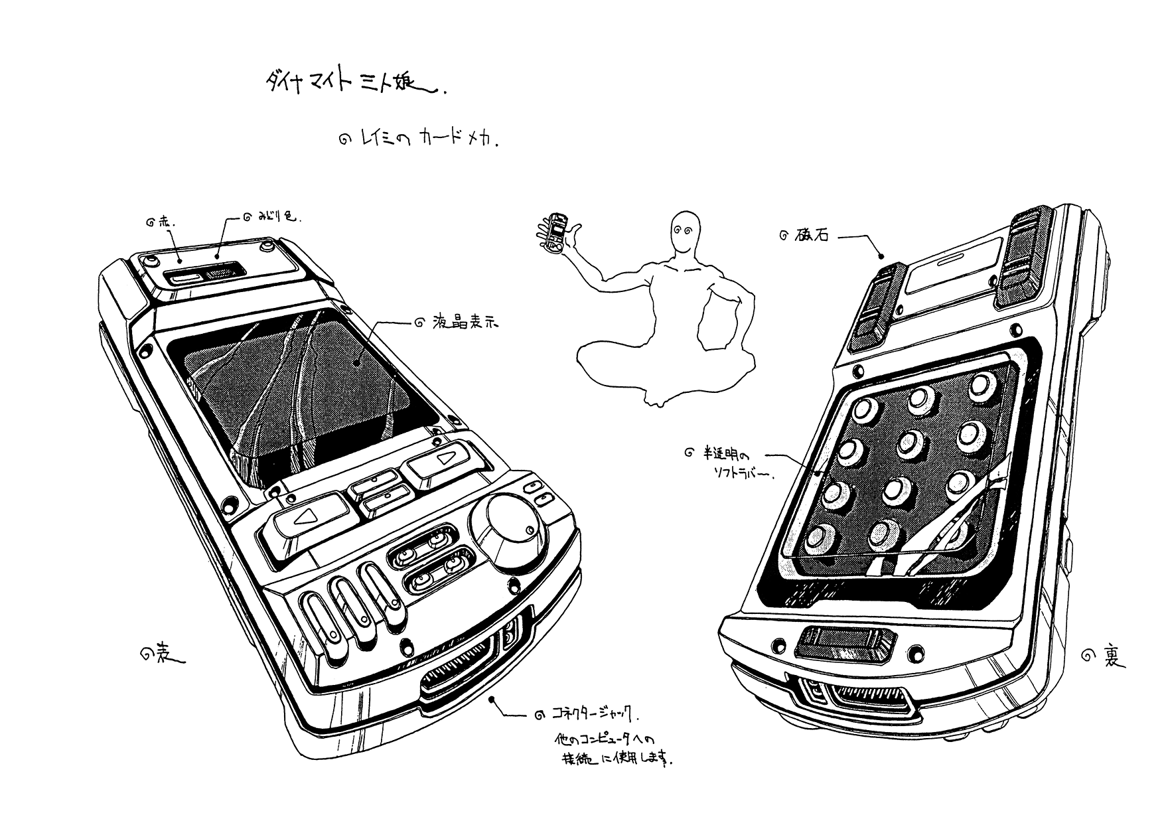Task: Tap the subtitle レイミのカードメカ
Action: [x=425, y=140]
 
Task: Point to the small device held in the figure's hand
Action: [x=556, y=233]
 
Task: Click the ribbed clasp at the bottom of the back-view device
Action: [x=845, y=644]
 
